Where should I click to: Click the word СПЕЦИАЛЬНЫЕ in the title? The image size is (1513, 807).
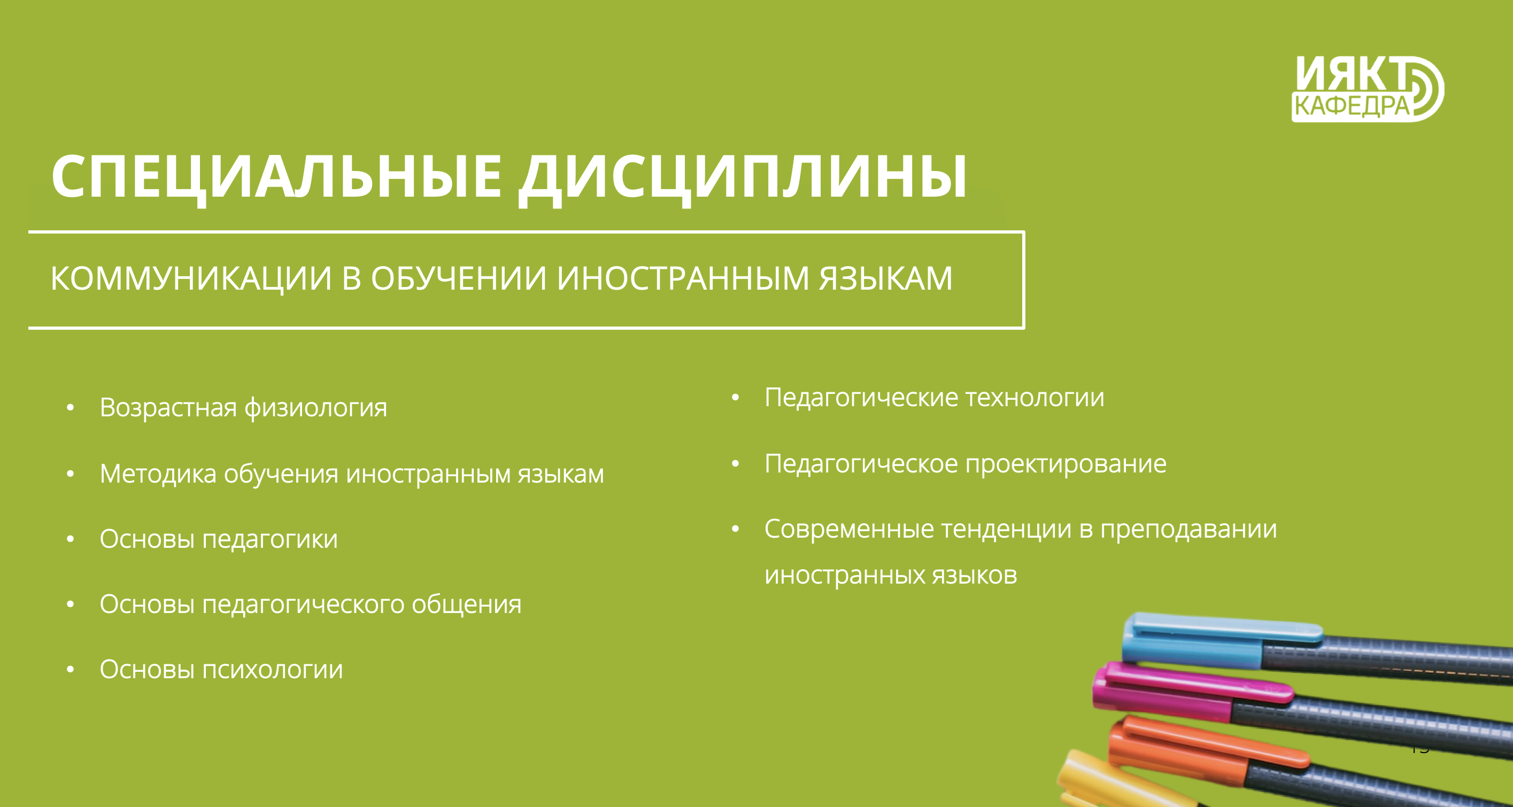pos(276,176)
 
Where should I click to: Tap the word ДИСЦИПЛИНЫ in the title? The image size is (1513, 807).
pos(743,179)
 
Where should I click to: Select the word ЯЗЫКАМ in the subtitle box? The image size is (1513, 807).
pos(885,278)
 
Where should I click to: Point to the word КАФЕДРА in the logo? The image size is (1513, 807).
pos(1352,106)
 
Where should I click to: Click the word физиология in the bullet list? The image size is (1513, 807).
pos(316,408)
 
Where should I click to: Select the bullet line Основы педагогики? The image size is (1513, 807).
pos(219,539)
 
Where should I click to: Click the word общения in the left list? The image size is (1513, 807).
pos(466,605)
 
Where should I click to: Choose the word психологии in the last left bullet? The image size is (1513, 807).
pos(273,670)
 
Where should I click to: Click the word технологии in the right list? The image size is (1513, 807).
pos(1035,398)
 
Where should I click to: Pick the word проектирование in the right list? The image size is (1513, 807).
pos(1066,464)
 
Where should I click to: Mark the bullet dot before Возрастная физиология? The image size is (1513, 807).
pos(71,407)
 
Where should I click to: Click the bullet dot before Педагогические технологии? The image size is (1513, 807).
pos(735,398)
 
